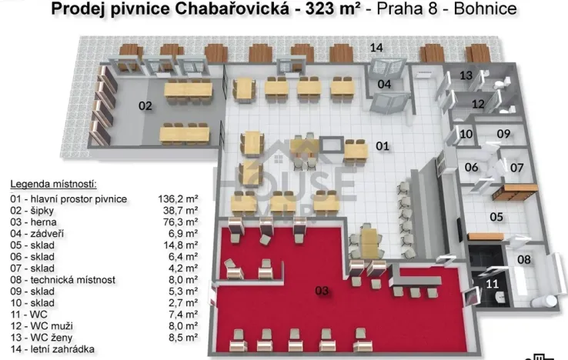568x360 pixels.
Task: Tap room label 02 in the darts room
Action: pos(145,106)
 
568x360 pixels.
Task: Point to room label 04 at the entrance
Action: pos(383,84)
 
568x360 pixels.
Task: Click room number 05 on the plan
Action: pos(497,217)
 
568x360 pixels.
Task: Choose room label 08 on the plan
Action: pos(523,260)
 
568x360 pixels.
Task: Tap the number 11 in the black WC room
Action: pos(493,284)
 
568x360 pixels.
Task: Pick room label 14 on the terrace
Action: pos(376,48)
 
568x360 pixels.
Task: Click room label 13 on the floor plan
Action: pos(466,75)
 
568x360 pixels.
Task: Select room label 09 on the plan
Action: pos(503,134)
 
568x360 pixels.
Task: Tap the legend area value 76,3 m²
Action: pos(182,222)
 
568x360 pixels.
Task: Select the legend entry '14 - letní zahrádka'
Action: pos(52,349)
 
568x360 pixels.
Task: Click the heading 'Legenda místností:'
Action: pos(53,185)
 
